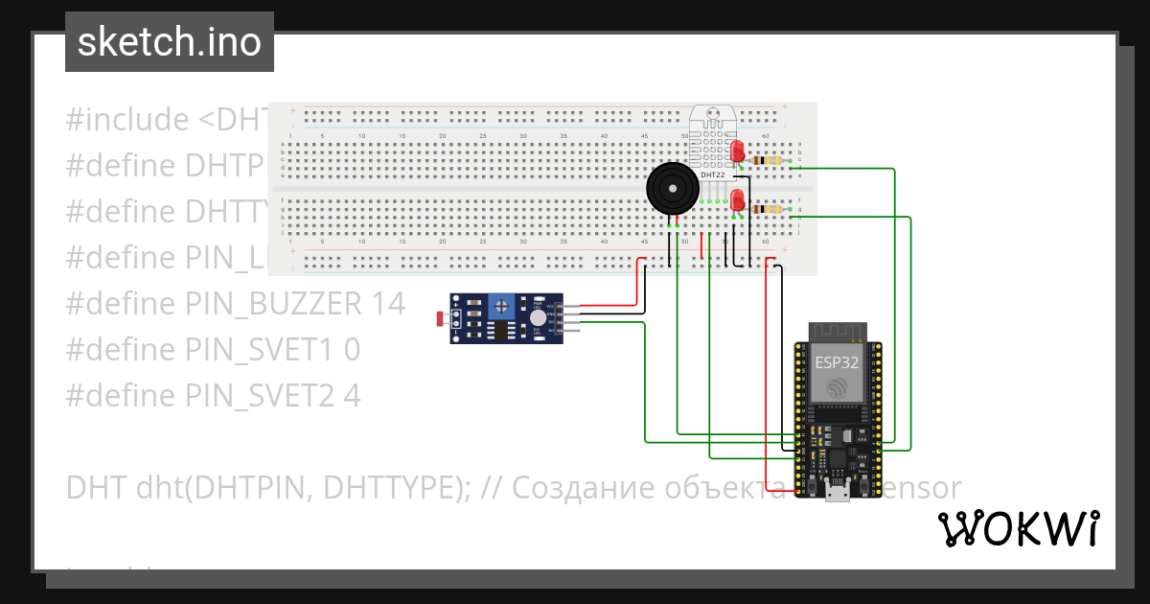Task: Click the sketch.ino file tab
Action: (x=169, y=42)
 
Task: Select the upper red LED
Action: (x=737, y=151)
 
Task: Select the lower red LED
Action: (x=737, y=199)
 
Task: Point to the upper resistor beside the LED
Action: (x=767, y=160)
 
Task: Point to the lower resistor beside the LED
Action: (x=767, y=209)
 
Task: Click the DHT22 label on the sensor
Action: (x=712, y=175)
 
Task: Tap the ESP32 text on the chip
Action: (x=836, y=362)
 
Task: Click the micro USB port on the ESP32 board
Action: (x=836, y=494)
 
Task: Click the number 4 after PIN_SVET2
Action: (x=352, y=396)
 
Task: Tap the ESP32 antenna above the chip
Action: (x=837, y=331)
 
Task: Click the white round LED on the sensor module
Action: (x=538, y=317)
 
